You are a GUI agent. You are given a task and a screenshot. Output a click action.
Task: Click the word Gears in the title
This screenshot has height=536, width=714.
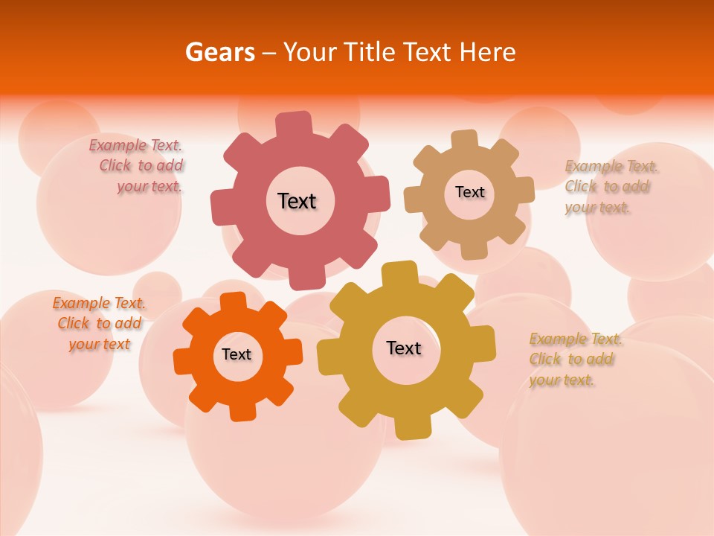click(x=219, y=52)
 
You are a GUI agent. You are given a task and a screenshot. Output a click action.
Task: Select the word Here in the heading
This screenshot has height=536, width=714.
click(x=486, y=52)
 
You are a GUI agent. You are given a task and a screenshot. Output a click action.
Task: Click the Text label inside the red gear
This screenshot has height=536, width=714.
click(x=297, y=201)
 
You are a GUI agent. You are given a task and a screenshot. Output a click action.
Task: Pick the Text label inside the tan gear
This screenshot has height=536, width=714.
click(x=469, y=192)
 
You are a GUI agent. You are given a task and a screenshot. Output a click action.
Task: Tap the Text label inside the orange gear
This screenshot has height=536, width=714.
click(x=237, y=354)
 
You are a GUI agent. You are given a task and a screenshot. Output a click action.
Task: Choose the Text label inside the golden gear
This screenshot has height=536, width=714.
click(x=404, y=348)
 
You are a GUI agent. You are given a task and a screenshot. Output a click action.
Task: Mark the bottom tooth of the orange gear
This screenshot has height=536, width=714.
click(x=242, y=411)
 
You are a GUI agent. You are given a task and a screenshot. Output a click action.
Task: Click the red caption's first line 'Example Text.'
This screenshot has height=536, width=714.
click(x=135, y=145)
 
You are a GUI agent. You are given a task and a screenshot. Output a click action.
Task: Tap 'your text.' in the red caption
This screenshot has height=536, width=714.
click(x=149, y=187)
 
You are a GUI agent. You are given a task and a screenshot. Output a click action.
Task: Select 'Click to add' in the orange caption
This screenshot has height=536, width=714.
click(x=100, y=323)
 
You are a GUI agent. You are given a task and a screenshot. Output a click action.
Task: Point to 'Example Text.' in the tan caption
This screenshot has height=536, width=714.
click(x=611, y=166)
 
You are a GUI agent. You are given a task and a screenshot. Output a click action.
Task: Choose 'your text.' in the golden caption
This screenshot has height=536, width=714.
click(x=562, y=380)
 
